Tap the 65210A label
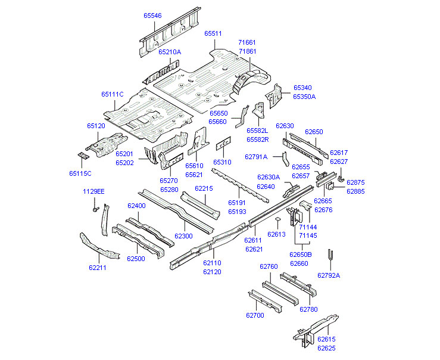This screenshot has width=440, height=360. pos(170,52)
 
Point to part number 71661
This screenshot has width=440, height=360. pos(247,43)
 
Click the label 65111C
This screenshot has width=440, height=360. pos(112,94)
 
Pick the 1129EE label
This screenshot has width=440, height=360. pos(93,191)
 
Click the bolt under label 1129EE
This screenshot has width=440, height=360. pos(95,209)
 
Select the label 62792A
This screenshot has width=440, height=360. pos(329,275)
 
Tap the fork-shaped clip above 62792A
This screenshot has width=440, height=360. pos(329,257)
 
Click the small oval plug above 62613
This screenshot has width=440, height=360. pos(277,221)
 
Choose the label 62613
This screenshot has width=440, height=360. pos(277,234)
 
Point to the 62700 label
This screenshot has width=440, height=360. pos(254,315)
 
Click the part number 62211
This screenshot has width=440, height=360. pos(98,268)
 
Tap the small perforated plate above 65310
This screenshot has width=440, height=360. pos(223,145)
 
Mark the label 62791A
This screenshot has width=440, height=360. pos(257,157)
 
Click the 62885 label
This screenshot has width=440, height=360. pos(355,191)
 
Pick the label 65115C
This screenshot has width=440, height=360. pos(80,173)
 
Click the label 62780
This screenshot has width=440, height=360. pos(308,309)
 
